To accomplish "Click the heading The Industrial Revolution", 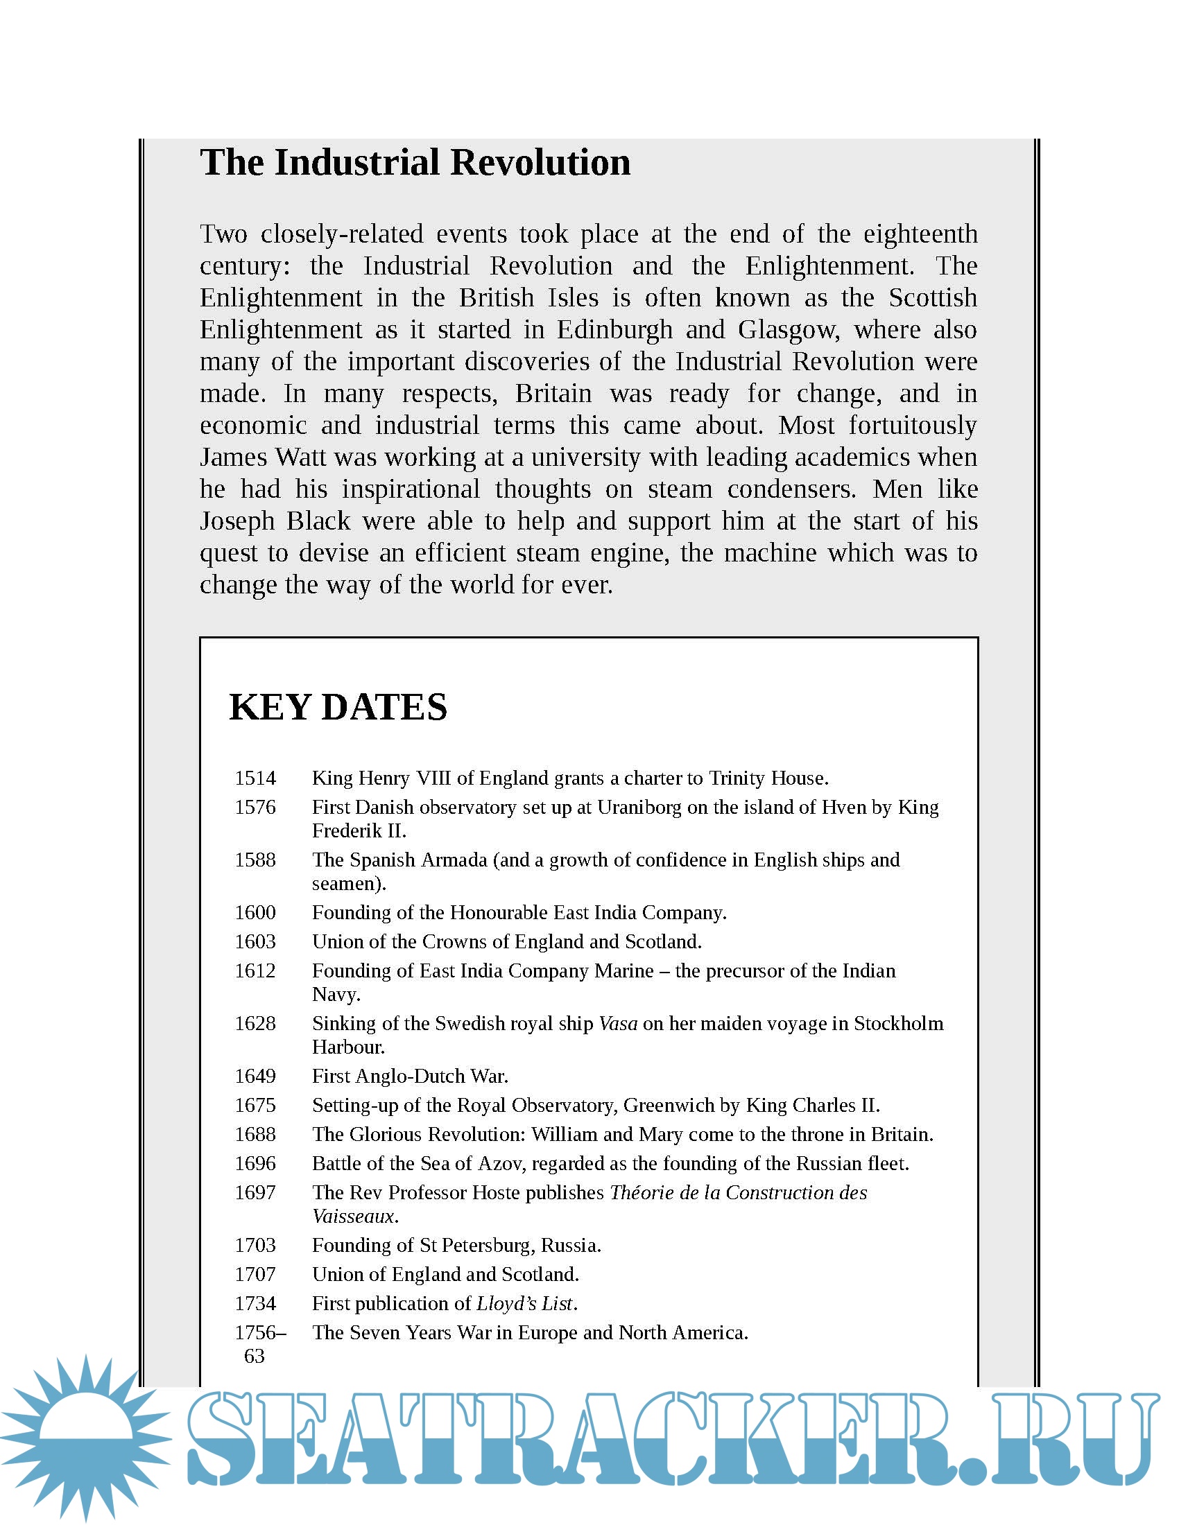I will tap(415, 163).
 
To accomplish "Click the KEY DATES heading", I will tap(338, 706).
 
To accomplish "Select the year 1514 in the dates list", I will tap(255, 778).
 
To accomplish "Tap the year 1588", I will tap(255, 860).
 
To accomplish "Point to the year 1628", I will tap(255, 1023).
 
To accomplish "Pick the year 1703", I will tap(255, 1245).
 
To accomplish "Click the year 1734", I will tap(255, 1303).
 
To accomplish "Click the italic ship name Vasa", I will tap(618, 1023).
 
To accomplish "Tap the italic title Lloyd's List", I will tap(524, 1303).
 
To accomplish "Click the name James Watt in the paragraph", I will tap(263, 458).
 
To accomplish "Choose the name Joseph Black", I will tap(275, 521).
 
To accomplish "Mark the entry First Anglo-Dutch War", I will tap(410, 1076).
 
